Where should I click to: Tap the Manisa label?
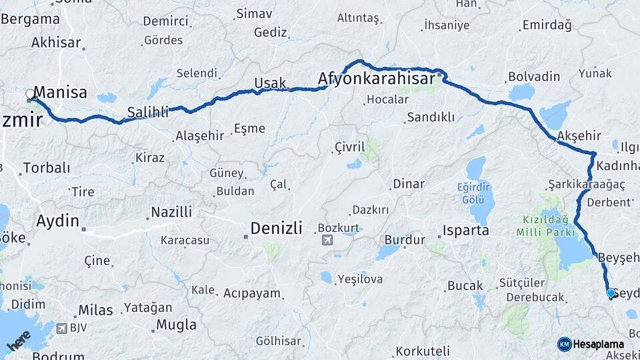[x=61, y=93]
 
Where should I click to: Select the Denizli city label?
[x=277, y=229]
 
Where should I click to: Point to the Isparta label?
[x=465, y=231]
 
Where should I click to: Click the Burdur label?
[x=405, y=240]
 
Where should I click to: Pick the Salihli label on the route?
[x=147, y=113]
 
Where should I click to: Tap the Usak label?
[x=270, y=83]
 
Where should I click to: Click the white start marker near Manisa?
[x=30, y=95]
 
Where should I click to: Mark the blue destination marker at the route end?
[x=611, y=292]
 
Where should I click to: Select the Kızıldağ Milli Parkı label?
[x=545, y=225]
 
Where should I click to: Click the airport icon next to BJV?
[x=63, y=328]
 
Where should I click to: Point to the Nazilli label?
[x=171, y=213]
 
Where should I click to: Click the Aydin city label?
[x=59, y=221]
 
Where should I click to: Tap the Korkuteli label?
[x=423, y=351]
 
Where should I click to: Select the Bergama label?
[x=31, y=19]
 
